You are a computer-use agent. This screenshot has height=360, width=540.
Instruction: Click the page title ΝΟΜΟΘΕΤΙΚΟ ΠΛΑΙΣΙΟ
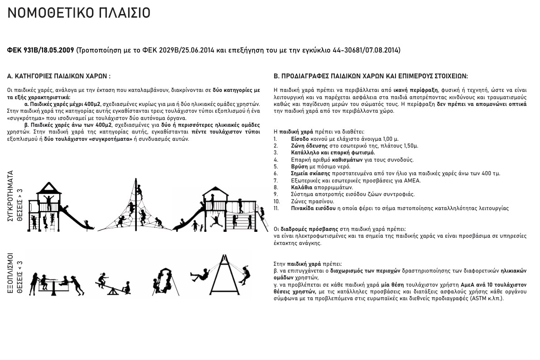point(79,13)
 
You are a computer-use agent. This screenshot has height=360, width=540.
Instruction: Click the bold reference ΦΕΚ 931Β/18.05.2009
point(41,50)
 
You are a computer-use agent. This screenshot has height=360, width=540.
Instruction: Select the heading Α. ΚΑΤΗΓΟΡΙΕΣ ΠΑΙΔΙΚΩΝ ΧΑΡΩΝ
point(59,77)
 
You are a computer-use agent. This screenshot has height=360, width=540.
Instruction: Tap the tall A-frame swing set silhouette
point(223,276)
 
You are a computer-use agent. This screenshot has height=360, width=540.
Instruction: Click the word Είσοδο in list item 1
point(300,139)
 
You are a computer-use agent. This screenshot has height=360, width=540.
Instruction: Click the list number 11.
point(276,208)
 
